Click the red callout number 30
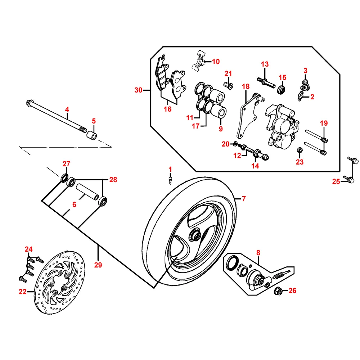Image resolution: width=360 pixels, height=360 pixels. pos(139,90)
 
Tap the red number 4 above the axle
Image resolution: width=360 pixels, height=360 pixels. pos(67,109)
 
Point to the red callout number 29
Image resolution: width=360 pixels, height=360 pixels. pos(98,265)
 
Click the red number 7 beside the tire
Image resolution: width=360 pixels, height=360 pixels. pos(244,198)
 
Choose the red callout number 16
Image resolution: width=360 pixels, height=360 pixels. pos(168,109)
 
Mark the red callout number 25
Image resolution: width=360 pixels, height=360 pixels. pos(336,181)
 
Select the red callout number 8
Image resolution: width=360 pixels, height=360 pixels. pos(258,253)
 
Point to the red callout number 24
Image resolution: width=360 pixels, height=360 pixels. pos(28,249)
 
